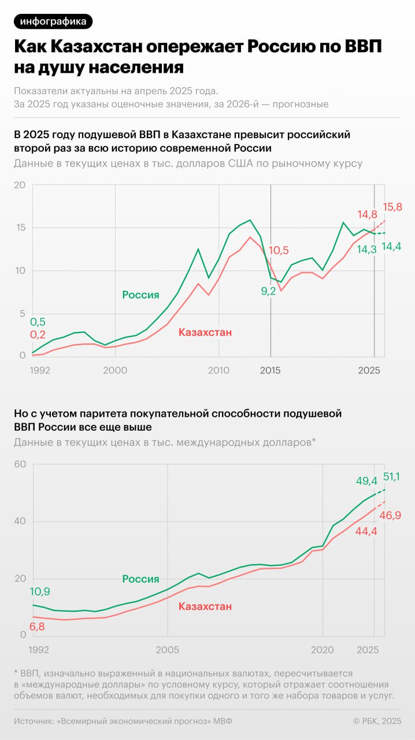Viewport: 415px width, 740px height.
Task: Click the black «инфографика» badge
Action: point(53,21)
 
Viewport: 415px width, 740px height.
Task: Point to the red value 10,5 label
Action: point(279,250)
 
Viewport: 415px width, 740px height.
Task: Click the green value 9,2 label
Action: point(268,291)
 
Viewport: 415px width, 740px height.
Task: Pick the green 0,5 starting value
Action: point(38,322)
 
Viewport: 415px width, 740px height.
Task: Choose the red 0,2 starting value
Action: point(38,335)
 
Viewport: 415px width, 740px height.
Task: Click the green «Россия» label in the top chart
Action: point(140,295)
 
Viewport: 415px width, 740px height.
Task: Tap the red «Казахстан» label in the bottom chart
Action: point(205,606)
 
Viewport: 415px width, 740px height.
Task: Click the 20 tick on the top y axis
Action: point(20,186)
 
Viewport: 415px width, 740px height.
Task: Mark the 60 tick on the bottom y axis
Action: point(20,464)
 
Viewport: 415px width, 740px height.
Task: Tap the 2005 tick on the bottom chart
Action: point(168,649)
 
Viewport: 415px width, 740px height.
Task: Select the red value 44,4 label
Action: point(365,531)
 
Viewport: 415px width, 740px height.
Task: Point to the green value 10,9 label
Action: point(40,592)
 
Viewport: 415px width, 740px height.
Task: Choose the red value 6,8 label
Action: point(37,627)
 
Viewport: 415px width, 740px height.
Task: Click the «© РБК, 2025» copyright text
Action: point(377,721)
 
